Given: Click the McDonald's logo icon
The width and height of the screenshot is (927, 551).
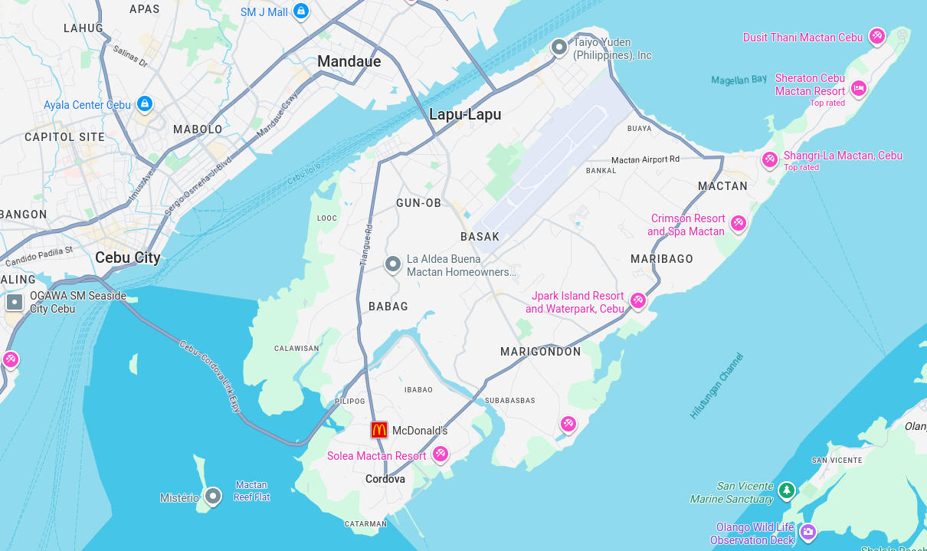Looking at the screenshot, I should (379, 430).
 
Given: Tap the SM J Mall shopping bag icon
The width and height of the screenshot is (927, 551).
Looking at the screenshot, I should (301, 11).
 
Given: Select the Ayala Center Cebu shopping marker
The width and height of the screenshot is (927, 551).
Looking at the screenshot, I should (144, 103).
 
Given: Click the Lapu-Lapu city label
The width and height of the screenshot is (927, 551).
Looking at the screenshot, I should (465, 115).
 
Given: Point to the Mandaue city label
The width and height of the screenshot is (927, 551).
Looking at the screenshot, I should (349, 61).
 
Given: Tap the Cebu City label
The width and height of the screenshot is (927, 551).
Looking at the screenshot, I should (128, 257).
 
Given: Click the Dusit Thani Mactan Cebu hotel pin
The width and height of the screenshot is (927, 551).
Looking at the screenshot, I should (877, 36).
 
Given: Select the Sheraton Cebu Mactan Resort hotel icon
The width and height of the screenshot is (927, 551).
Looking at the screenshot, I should (859, 88).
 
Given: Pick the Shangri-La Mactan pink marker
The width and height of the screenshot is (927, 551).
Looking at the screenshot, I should (769, 159).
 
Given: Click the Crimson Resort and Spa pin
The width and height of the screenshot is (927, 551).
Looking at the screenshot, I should (738, 223).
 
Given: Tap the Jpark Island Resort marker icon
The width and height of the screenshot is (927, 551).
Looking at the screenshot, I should (637, 301).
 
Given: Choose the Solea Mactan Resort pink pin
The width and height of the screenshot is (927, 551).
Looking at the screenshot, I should (440, 454).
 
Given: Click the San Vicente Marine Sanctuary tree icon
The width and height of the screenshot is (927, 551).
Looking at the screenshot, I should (786, 490).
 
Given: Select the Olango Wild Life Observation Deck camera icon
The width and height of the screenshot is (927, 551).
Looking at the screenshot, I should (807, 531).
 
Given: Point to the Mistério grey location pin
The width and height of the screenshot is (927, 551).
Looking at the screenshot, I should (213, 497).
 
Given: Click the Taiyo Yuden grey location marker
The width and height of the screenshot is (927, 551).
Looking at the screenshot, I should (559, 48).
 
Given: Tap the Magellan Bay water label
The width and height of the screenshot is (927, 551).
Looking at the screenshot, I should (739, 80).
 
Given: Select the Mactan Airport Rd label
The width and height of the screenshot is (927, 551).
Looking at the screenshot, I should (645, 159).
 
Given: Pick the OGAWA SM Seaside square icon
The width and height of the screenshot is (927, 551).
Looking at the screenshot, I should (15, 302).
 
